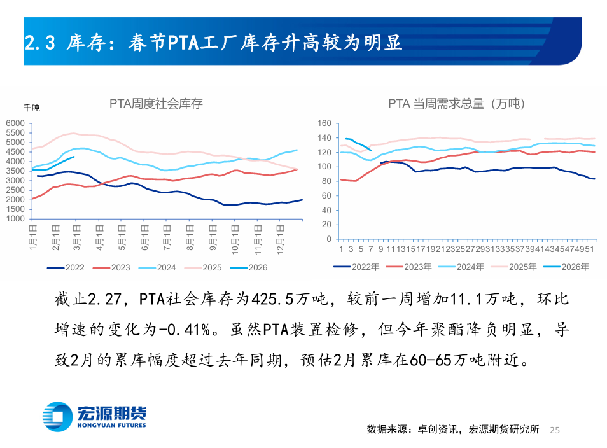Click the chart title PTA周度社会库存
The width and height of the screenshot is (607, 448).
(156, 103)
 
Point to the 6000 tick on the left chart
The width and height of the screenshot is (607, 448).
(15, 123)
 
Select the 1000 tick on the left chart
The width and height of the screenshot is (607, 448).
(15, 219)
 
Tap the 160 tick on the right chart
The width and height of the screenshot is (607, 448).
(324, 123)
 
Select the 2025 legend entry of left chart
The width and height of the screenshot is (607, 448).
(204, 268)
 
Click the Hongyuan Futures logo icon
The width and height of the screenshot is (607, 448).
(59, 416)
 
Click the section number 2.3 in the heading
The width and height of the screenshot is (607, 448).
(41, 43)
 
